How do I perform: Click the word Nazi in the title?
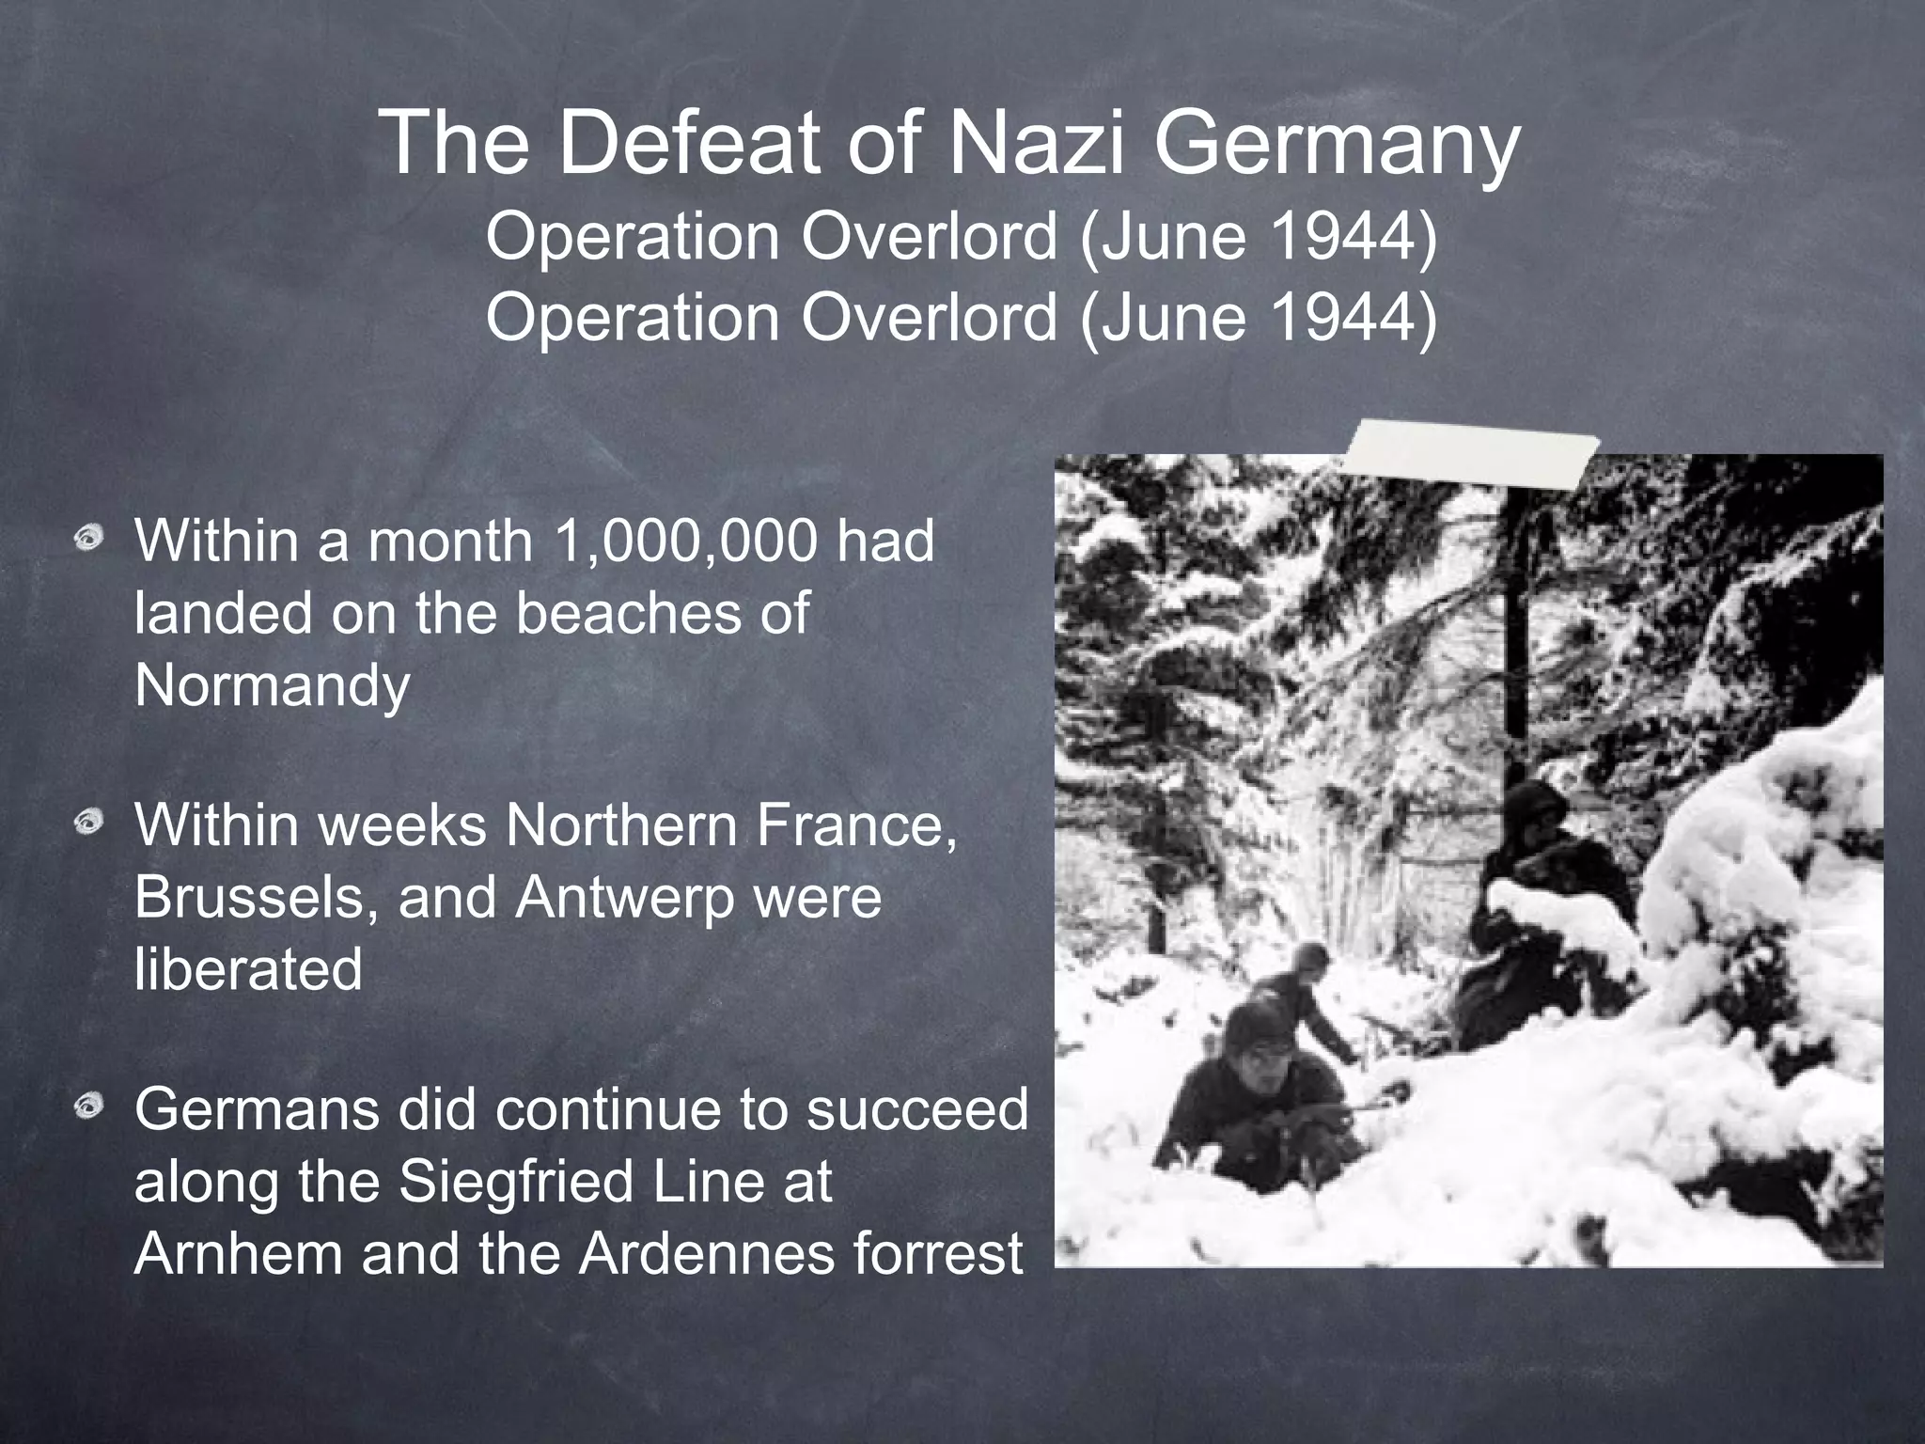[1036, 143]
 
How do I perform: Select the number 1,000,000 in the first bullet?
[686, 543]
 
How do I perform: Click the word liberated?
[248, 969]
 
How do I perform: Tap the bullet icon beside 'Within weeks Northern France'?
[91, 824]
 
